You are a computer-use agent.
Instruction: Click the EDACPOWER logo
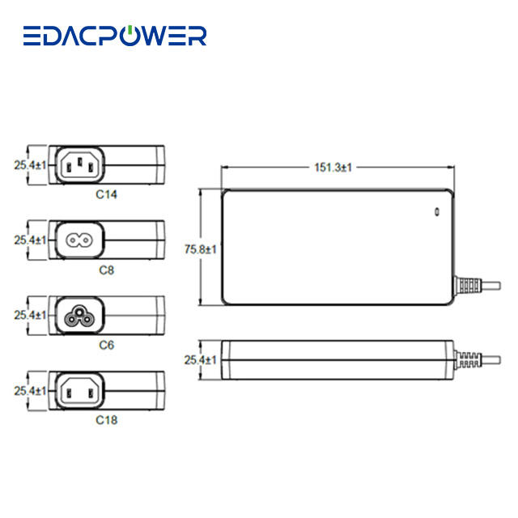click(x=114, y=36)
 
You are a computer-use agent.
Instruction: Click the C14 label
click(x=107, y=194)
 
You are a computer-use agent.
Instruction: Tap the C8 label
click(x=107, y=270)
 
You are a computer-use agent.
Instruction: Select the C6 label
click(x=107, y=345)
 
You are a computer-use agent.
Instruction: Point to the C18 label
click(x=107, y=420)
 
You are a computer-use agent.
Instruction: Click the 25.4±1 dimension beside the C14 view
click(x=30, y=165)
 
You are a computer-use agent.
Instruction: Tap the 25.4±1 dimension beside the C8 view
click(x=30, y=240)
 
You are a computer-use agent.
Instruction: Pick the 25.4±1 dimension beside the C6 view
click(x=30, y=315)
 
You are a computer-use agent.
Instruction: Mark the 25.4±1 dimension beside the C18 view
click(x=30, y=390)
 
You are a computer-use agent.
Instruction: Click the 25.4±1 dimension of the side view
click(x=200, y=359)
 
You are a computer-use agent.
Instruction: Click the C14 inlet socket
click(x=80, y=165)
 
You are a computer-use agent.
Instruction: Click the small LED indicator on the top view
click(x=436, y=213)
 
